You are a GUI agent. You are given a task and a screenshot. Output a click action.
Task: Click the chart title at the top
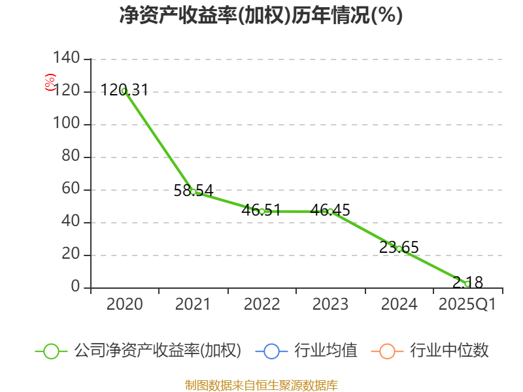coord(261,16)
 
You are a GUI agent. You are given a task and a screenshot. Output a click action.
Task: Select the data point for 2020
coord(125,91)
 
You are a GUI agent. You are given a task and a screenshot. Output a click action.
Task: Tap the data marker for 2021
coord(194,191)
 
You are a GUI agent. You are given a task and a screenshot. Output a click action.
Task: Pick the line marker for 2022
coord(261,211)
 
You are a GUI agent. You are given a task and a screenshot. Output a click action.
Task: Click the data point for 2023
coord(330,211)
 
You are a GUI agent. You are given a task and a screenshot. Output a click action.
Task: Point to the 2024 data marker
coord(399,248)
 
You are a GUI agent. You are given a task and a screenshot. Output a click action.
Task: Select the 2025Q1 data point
coord(467,284)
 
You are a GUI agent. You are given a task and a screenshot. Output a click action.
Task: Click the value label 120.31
coord(125,90)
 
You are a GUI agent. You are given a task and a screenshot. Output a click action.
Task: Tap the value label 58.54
coord(194,191)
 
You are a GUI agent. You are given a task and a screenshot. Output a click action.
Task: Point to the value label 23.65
coord(399,248)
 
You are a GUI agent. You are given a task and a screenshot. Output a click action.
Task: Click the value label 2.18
coord(467,282)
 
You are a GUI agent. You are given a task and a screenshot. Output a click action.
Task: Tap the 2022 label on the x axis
coord(261,304)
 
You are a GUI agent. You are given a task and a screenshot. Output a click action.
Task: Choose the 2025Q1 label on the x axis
coord(467,304)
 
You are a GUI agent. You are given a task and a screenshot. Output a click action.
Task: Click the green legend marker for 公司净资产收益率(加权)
coord(52,351)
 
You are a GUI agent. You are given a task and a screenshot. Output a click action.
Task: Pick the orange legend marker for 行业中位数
coord(387,351)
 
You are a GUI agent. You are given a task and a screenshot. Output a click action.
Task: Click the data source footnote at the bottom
coord(261,385)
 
